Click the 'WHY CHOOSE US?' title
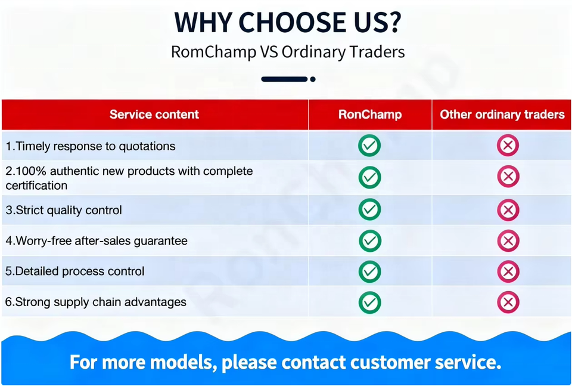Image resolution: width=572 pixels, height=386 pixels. pos(288,23)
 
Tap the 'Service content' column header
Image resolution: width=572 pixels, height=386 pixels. pos(154,115)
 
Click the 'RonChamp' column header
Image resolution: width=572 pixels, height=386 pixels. pos(370,115)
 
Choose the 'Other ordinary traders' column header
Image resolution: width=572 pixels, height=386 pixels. pos(502,115)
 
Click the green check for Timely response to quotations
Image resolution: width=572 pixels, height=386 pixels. pos(369,146)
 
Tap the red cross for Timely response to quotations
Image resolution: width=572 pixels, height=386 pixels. pos(508,146)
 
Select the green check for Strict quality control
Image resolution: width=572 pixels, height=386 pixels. pos(369,209)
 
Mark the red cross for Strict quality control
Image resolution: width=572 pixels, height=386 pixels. pos(508,210)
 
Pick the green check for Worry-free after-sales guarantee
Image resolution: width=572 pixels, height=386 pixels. pos(370,240)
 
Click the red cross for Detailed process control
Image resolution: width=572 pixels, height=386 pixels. pos(508,271)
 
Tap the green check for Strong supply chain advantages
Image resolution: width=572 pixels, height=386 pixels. pos(370,302)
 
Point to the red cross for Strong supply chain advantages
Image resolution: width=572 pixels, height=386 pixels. pos(508,302)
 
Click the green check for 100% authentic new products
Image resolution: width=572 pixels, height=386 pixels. pos(369,177)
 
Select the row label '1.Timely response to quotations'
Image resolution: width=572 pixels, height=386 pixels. pos(90,146)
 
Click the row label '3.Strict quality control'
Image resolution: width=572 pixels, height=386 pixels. pos(64,210)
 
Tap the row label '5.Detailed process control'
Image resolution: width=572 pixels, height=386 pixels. pos(75,271)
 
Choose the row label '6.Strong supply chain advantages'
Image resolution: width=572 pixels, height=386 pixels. pos(95,302)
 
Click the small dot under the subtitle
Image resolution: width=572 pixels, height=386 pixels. pos(313,79)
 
